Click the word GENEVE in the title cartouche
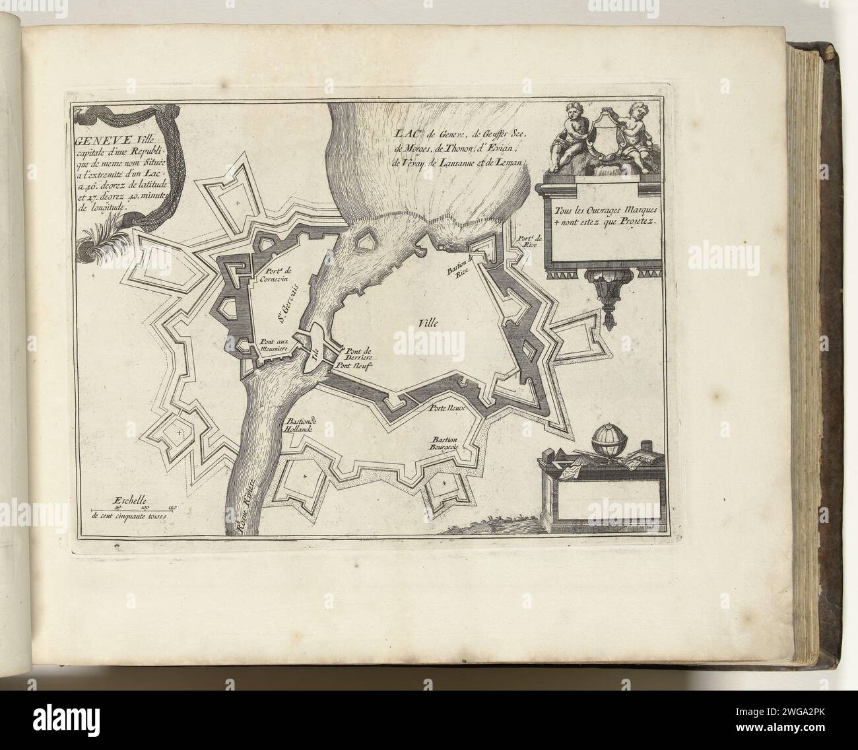click(94, 139)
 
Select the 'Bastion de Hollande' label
click(301, 426)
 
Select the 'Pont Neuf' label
click(354, 364)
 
